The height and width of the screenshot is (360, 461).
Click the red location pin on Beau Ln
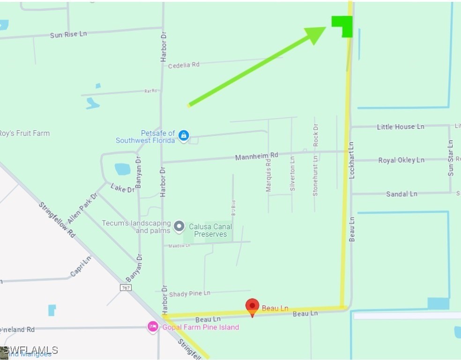click(x=253, y=306)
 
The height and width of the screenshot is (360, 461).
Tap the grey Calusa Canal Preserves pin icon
click(x=179, y=227)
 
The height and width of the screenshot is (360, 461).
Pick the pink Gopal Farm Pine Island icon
click(x=153, y=327)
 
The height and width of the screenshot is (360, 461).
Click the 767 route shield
click(x=125, y=287)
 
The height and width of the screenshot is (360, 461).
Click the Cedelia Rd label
click(x=184, y=65)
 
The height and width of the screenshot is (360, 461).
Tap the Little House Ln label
click(x=401, y=127)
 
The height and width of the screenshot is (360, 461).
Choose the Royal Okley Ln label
click(x=402, y=160)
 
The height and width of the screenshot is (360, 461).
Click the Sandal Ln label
click(x=402, y=194)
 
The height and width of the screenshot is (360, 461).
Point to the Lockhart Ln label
click(x=352, y=160)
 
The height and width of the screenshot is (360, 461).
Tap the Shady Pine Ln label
click(x=189, y=294)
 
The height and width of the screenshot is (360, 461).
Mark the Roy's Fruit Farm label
click(x=24, y=133)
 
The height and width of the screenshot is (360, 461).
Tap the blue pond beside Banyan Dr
click(x=122, y=169)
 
